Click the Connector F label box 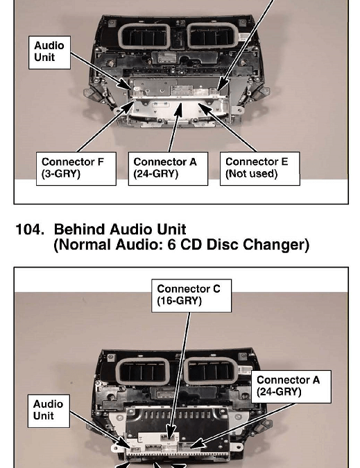[76, 168]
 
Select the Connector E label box [259, 168]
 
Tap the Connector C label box [191, 295]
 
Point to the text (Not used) [251, 174]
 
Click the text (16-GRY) [179, 300]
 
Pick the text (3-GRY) [61, 174]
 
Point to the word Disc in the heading [223, 245]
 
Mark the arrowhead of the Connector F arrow [130, 105]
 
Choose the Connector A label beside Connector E [168, 168]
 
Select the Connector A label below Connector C [291, 387]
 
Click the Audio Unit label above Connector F [49, 53]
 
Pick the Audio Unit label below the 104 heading [49, 411]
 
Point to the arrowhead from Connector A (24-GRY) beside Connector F [178, 110]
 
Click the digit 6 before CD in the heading [171, 245]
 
